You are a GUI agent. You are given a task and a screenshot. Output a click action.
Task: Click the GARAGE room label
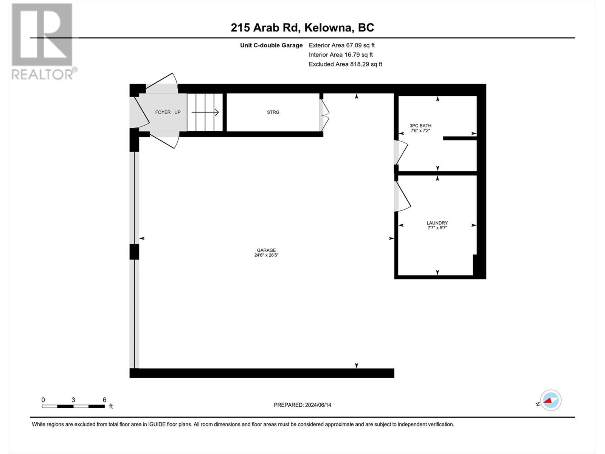(x=266, y=250)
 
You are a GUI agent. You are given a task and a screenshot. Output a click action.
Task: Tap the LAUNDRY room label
(x=437, y=223)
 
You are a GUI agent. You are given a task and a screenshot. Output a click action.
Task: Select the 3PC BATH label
(x=420, y=126)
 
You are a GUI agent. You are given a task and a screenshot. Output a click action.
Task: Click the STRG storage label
(x=273, y=112)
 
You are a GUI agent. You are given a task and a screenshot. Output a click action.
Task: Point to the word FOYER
(x=163, y=112)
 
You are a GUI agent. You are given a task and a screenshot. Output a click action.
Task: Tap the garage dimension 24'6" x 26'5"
(x=266, y=255)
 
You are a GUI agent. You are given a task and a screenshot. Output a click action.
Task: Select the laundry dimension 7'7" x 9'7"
(x=437, y=228)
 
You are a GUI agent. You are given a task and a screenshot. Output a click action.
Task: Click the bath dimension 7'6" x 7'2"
(x=420, y=131)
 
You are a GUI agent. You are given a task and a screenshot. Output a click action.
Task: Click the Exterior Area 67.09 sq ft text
(x=341, y=45)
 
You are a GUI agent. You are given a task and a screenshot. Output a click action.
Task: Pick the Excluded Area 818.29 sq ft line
(x=345, y=64)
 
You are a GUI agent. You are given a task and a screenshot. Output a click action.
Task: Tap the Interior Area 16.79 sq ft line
(x=341, y=55)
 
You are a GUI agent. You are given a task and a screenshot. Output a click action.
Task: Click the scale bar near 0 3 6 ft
(x=73, y=406)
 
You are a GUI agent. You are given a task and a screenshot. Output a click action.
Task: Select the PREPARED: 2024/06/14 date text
(x=302, y=405)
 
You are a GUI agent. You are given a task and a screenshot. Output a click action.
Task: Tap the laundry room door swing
(x=402, y=197)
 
